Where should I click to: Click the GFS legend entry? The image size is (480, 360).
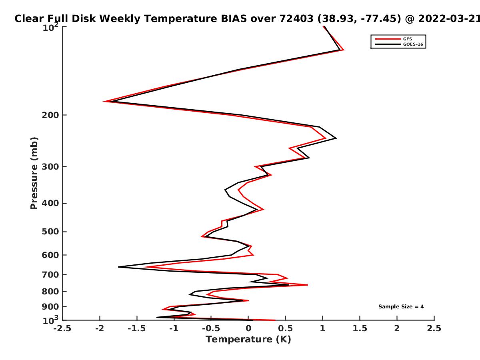pos(394,39)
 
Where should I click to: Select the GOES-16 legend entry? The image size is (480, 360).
pos(399,44)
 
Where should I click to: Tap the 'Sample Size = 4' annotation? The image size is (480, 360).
pos(401,307)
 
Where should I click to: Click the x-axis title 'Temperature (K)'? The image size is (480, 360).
pos(248,340)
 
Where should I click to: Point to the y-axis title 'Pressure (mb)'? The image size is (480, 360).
pos(34,173)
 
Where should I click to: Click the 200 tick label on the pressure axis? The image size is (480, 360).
pos(50,115)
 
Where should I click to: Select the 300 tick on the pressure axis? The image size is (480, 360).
pos(50,166)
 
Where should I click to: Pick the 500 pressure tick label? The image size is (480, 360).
pos(50,232)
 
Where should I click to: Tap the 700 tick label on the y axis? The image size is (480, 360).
pos(50,274)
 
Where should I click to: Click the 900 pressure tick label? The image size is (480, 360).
pos(50,307)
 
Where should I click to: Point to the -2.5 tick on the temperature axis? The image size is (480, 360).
pos(62,328)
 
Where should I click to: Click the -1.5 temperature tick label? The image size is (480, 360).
pos(137,328)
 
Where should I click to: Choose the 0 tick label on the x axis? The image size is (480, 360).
pos(248,328)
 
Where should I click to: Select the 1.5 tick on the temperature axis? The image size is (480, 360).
pos(360,328)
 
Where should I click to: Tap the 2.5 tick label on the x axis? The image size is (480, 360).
pos(434,328)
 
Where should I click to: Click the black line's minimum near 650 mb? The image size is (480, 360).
pos(118,267)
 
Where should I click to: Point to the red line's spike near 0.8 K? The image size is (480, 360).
pos(308,285)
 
